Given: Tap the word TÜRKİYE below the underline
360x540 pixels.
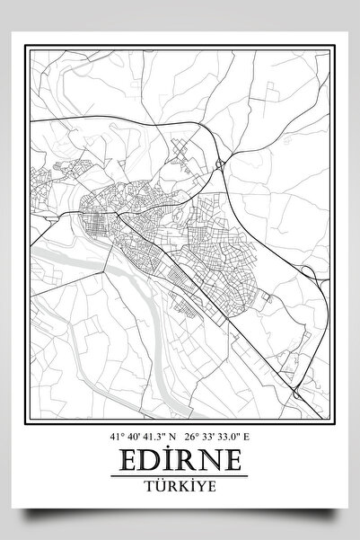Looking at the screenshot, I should (x=180, y=485).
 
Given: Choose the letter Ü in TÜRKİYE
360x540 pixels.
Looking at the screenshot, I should (x=159, y=485).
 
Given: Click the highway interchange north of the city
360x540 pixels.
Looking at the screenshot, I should (x=220, y=164).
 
